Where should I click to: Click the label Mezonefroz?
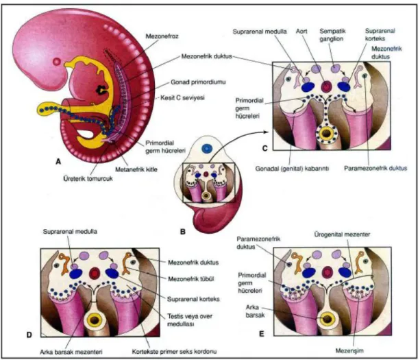point(162,36)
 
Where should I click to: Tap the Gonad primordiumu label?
point(198,82)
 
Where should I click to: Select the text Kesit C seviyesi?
point(182,97)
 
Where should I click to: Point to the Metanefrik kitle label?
point(136,169)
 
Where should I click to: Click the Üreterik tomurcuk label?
point(88,178)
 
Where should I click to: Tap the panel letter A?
point(58,161)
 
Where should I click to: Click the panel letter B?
point(183,231)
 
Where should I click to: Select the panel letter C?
point(264,148)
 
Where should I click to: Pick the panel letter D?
point(29,334)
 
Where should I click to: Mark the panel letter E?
point(262,334)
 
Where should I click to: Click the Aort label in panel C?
point(301,32)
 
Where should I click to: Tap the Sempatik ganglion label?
point(332,35)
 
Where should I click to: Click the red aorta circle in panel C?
point(326,86)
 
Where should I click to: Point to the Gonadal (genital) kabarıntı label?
point(292,169)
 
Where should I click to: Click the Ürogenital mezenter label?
point(342,235)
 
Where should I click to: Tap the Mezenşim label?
point(349,350)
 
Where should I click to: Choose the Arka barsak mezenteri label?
point(71,352)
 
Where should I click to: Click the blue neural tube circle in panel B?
point(207,148)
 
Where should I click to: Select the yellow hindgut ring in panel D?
point(95,320)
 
